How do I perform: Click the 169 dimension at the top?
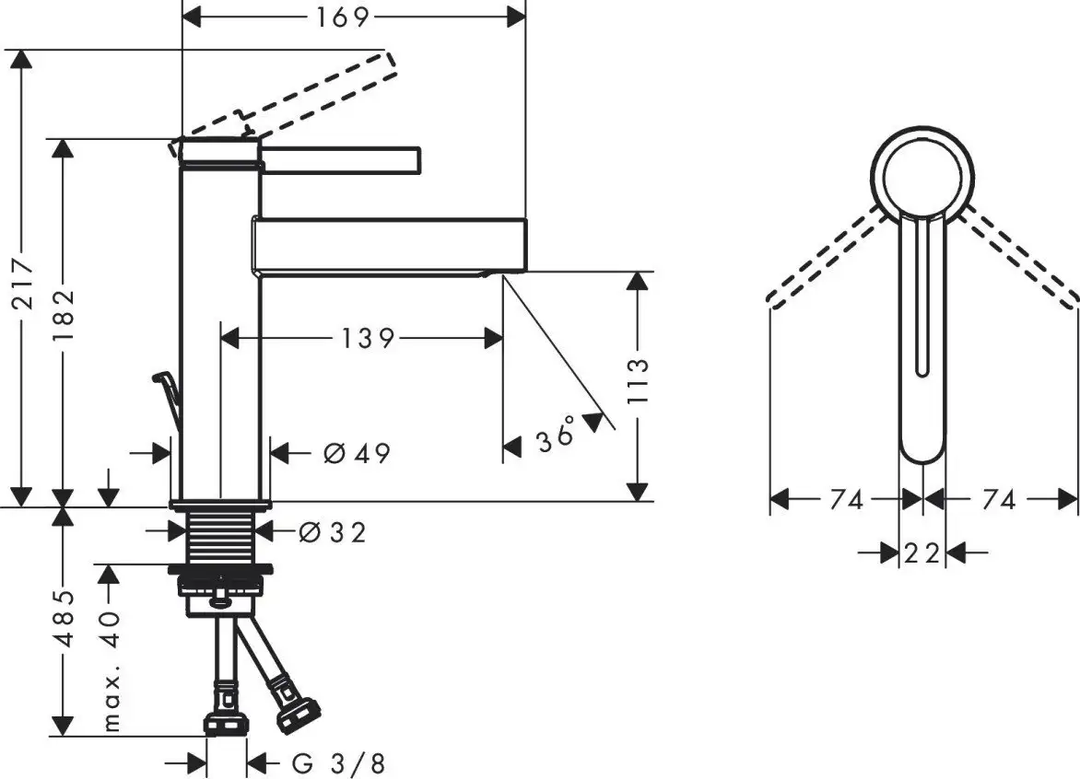pos(342,17)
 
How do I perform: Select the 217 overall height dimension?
pos(23,282)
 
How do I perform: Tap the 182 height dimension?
pos(64,317)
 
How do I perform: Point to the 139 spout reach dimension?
pos(368,338)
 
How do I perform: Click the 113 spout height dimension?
pos(639,382)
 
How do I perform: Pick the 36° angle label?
pos(556,436)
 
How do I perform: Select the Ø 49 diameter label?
pos(357,453)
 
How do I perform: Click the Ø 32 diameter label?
pos(333,532)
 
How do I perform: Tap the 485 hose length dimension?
pos(64,618)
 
